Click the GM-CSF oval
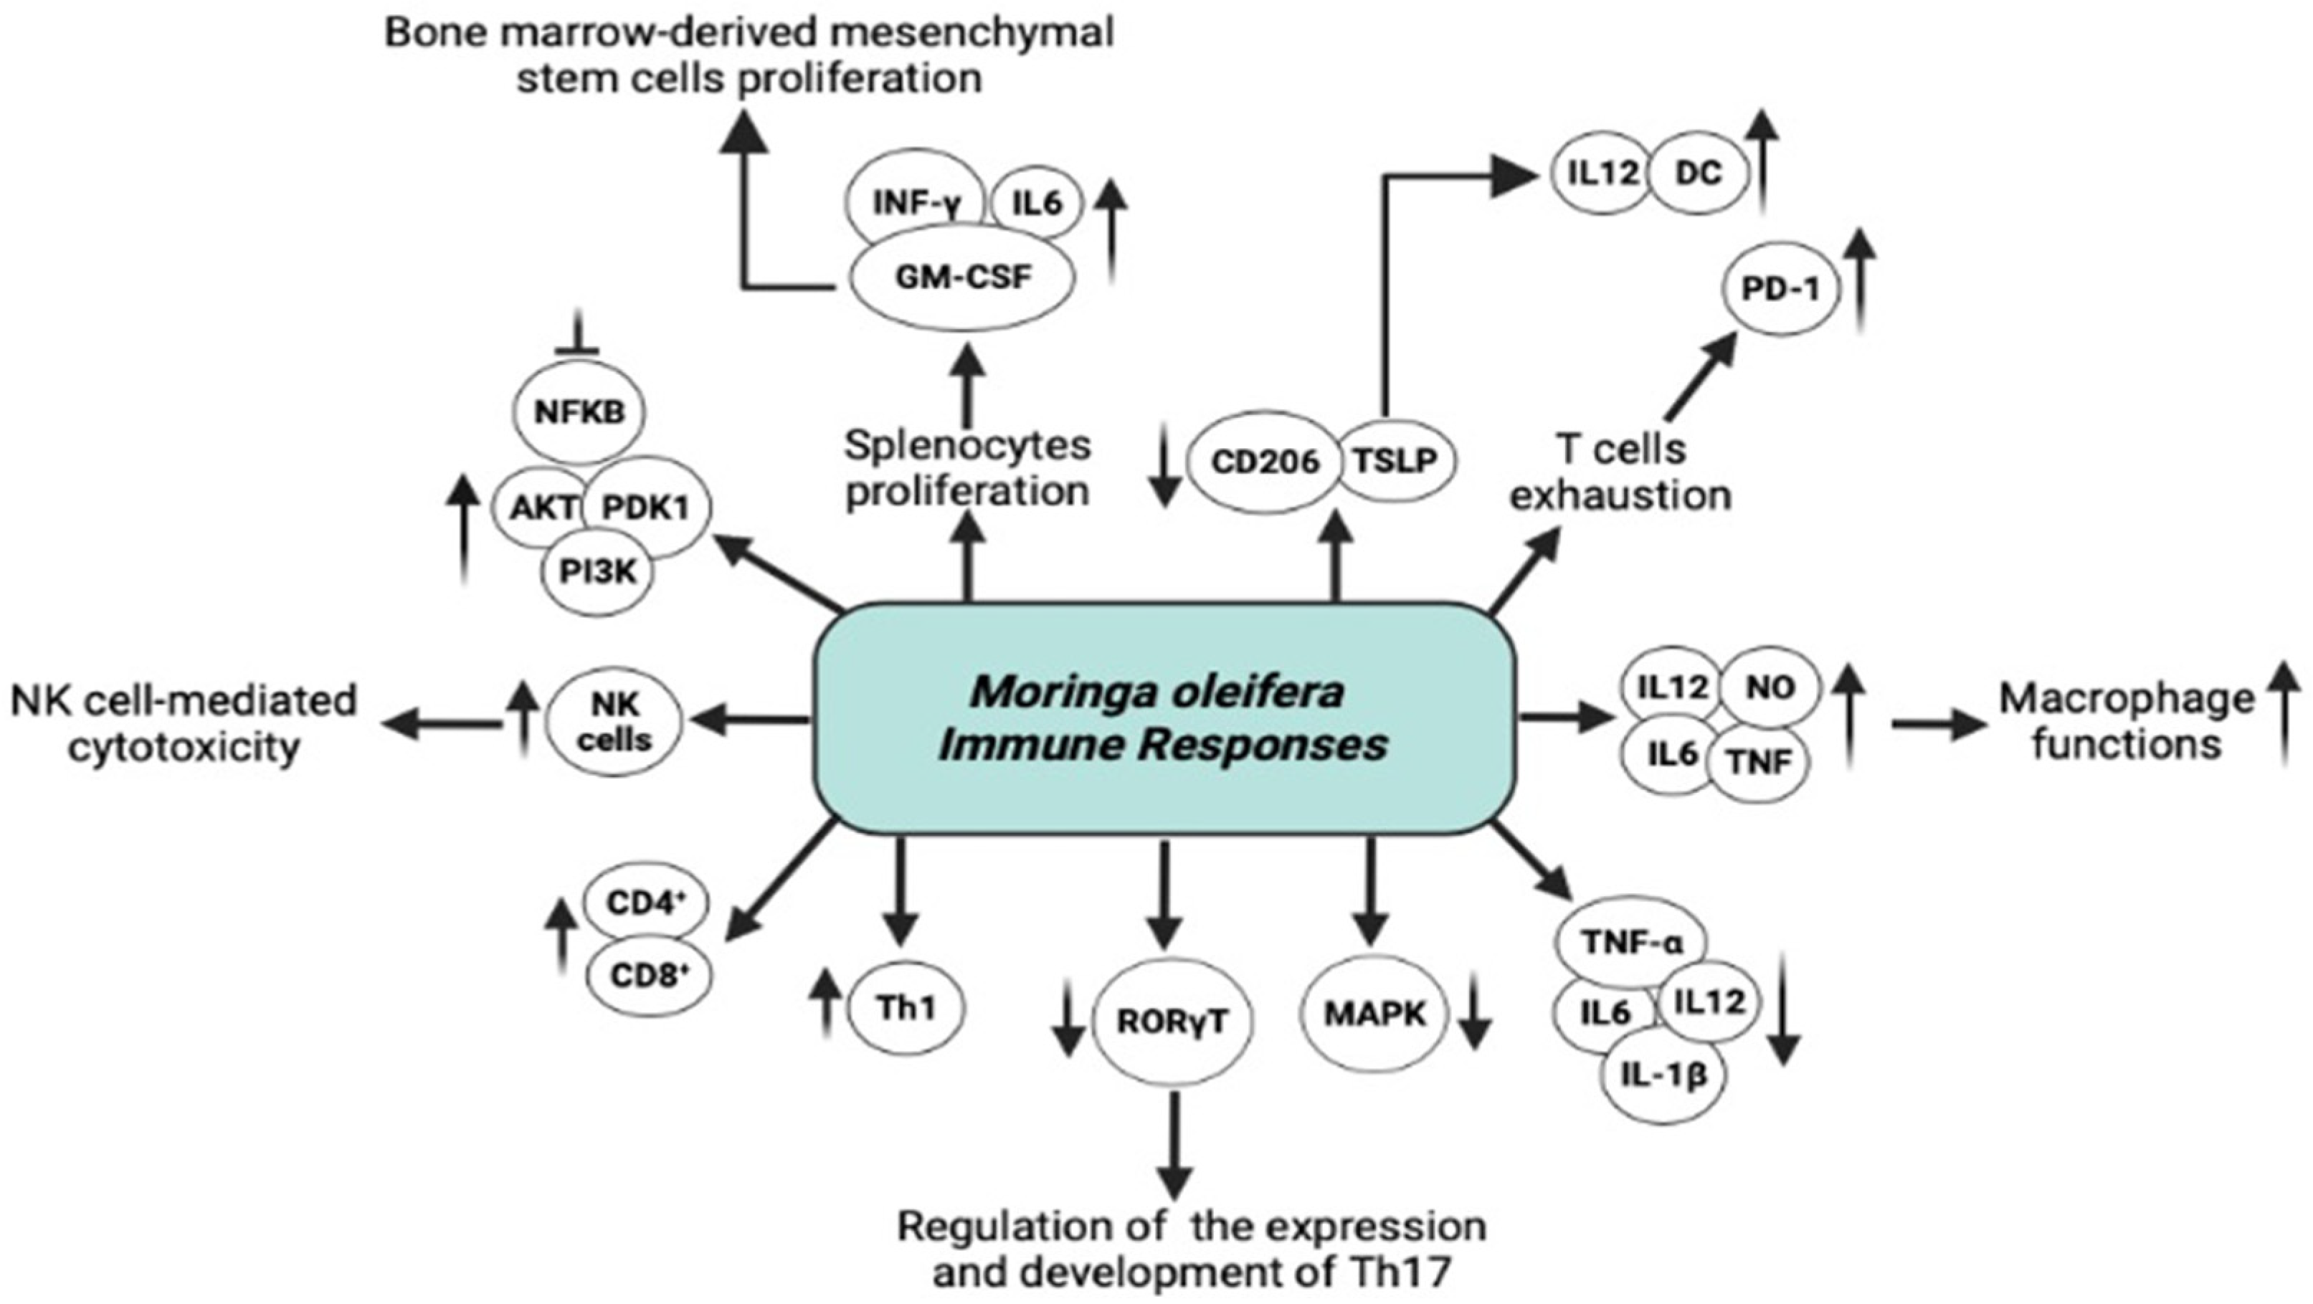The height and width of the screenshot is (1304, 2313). click(961, 277)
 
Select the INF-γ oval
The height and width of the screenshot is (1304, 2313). click(915, 203)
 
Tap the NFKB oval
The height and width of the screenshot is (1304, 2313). click(579, 412)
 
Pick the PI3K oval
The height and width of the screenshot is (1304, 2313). click(597, 572)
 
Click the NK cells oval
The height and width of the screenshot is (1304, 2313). click(615, 723)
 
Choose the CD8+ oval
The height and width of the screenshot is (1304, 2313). click(648, 974)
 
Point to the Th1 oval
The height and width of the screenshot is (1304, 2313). click(906, 1008)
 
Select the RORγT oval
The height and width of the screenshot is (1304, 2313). click(1172, 1022)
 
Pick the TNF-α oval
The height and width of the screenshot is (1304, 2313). click(1631, 943)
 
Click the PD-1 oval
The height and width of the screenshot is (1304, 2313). click(1780, 289)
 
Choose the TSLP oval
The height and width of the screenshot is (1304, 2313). click(1395, 461)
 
